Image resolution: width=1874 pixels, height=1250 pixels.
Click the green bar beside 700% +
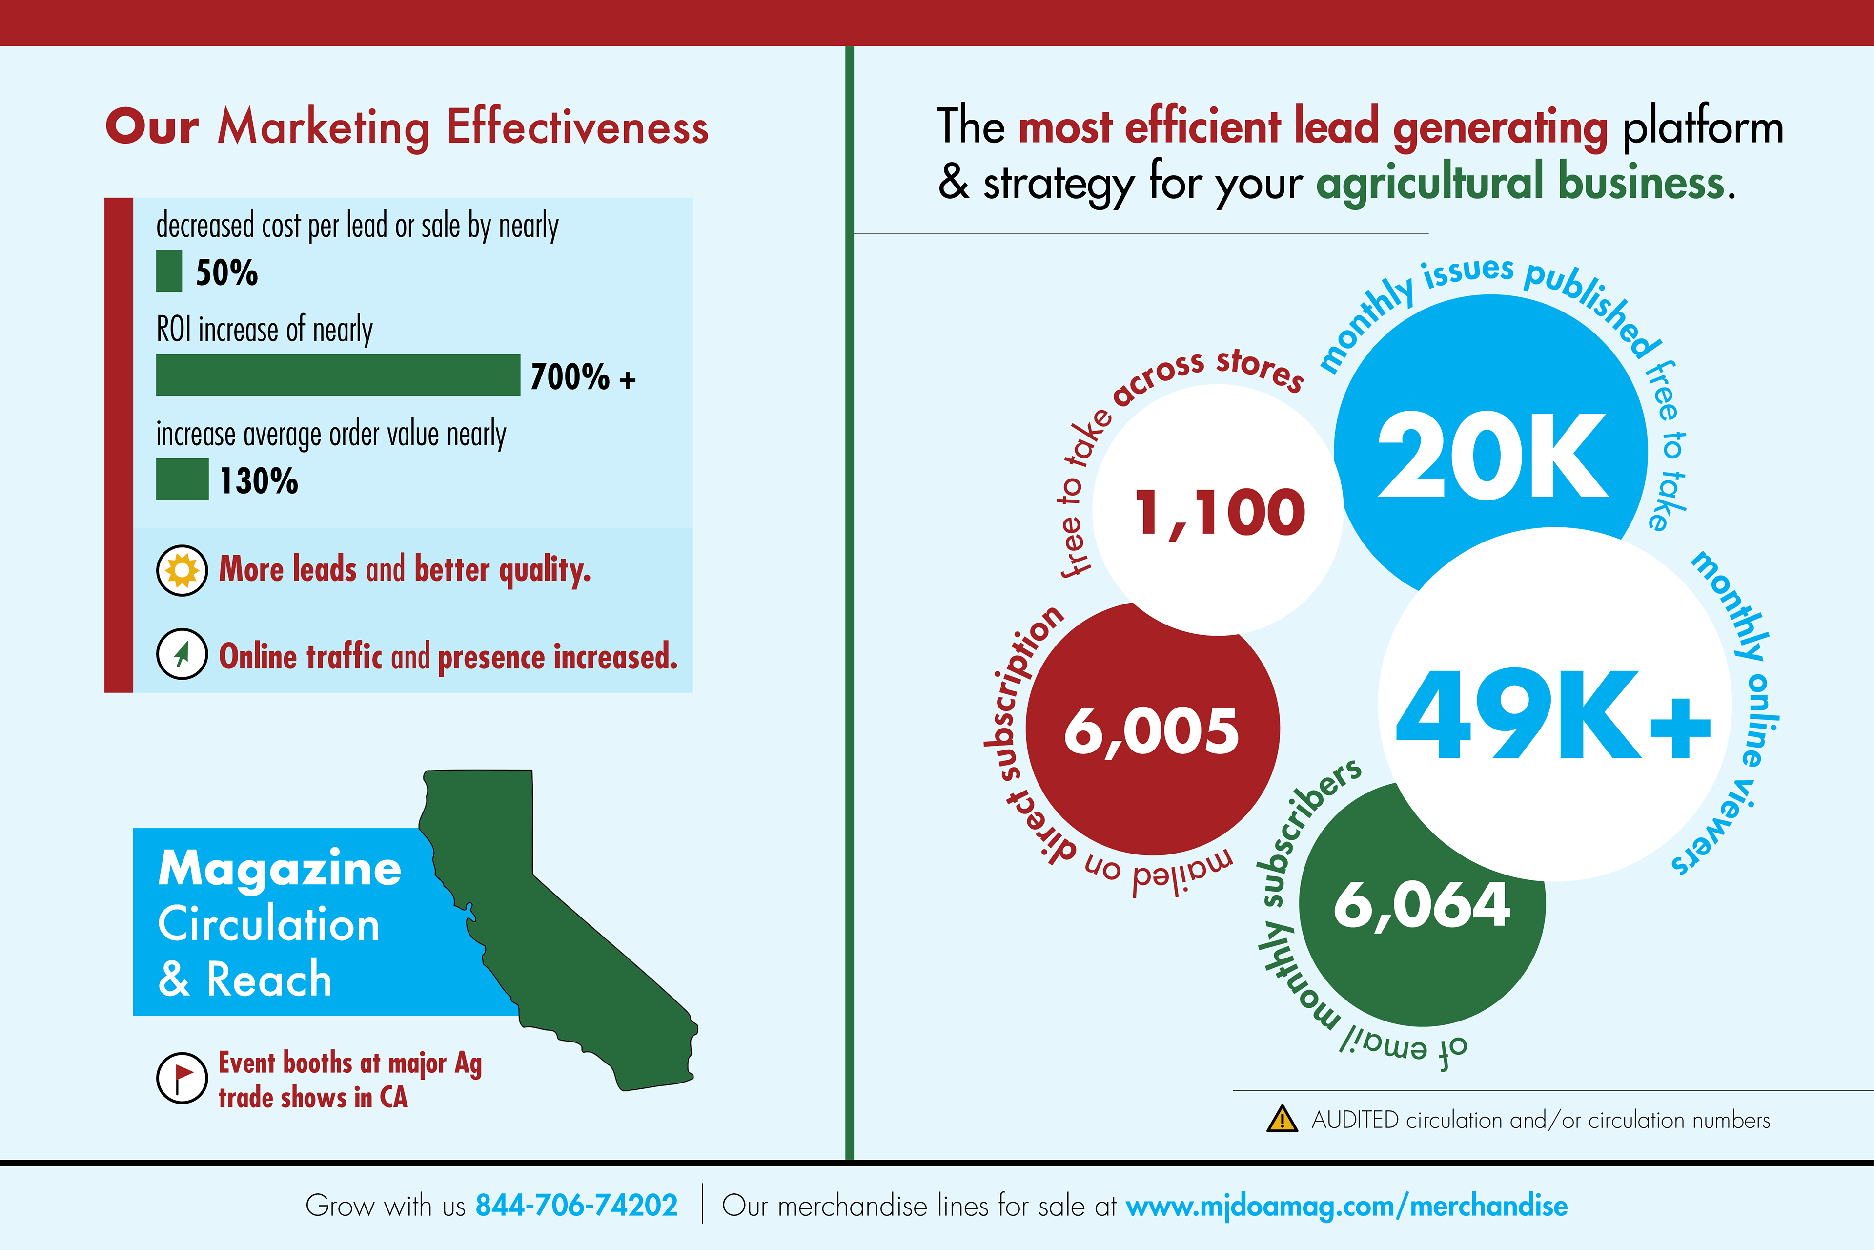click(338, 375)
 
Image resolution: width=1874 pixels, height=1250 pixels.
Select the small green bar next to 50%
click(169, 271)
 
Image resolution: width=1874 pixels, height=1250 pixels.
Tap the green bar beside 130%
click(183, 479)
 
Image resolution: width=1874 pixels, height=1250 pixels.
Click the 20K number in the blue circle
click(1492, 456)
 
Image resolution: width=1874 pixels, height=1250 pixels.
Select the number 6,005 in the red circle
click(1151, 731)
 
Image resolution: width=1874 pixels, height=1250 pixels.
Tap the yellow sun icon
click(182, 571)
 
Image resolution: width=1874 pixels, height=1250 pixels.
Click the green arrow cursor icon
click(182, 654)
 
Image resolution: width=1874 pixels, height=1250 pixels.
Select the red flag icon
click(182, 1078)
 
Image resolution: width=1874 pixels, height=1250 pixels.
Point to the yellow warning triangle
click(1282, 1119)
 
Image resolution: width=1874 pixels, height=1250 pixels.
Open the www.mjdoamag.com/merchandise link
click(1346, 1206)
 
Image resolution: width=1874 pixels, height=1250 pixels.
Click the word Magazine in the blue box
click(280, 868)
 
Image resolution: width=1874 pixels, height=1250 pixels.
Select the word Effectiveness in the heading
click(578, 127)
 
